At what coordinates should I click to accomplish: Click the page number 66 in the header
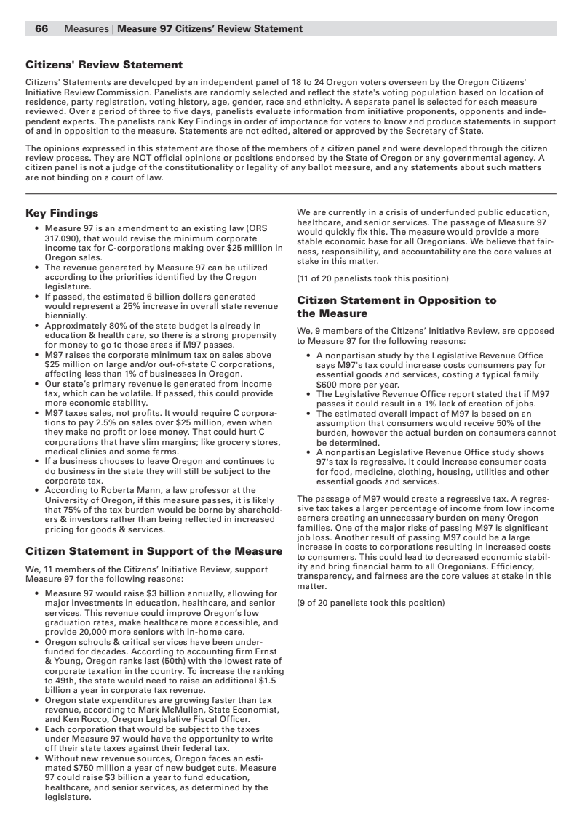[41, 29]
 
